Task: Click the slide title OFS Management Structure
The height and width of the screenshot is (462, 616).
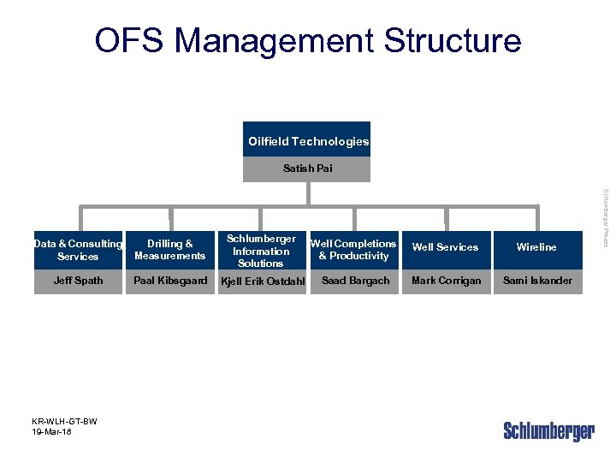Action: coord(307,40)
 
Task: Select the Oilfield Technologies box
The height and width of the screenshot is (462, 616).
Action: coord(308,141)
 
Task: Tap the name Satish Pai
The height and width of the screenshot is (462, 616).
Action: coord(308,169)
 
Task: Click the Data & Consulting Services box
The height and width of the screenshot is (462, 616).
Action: coord(78,250)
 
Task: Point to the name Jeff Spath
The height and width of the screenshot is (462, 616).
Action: coord(78,281)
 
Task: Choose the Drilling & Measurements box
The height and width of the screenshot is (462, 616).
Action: coord(169,250)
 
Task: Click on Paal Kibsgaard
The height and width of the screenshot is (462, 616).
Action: coord(169,281)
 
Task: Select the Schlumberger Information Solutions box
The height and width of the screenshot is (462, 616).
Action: coord(261,251)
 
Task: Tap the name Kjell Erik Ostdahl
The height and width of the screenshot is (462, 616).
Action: coord(263,281)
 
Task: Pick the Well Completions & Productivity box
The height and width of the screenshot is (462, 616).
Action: coord(353,250)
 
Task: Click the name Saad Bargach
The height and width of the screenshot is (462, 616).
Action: coord(355,281)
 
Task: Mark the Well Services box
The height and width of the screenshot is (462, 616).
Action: coord(445,247)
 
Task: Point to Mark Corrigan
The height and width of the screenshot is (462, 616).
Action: coord(446,281)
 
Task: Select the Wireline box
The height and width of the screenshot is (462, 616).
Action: coord(536,247)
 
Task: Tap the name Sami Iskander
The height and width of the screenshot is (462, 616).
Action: coord(537,281)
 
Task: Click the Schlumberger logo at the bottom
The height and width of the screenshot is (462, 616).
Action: coord(548,431)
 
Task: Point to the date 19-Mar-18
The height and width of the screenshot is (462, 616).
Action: coord(52,433)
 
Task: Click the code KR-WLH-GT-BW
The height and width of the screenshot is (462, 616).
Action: coord(64,422)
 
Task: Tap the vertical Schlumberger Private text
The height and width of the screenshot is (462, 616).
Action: coord(605,218)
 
